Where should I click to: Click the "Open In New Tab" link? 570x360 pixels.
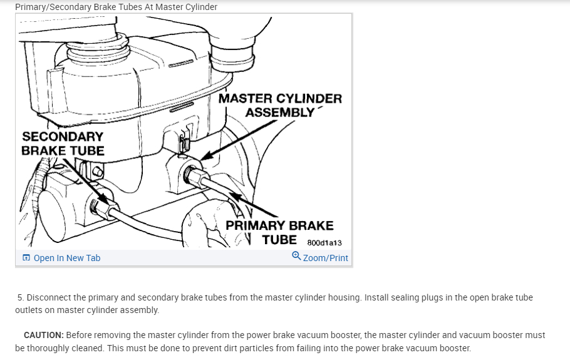point(66,258)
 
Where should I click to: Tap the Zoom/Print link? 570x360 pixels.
point(325,258)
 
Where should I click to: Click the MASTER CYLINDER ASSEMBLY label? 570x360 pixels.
point(280,105)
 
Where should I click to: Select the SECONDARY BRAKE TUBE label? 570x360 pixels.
point(63,143)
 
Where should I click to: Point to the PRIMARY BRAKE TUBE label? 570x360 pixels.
point(279,232)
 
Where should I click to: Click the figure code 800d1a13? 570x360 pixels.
point(324,243)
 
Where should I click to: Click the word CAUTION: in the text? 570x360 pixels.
point(44,336)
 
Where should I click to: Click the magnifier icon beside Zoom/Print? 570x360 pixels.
point(296,256)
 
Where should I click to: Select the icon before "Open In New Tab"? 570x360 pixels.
point(26,258)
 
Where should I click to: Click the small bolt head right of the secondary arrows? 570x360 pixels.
point(97,172)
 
